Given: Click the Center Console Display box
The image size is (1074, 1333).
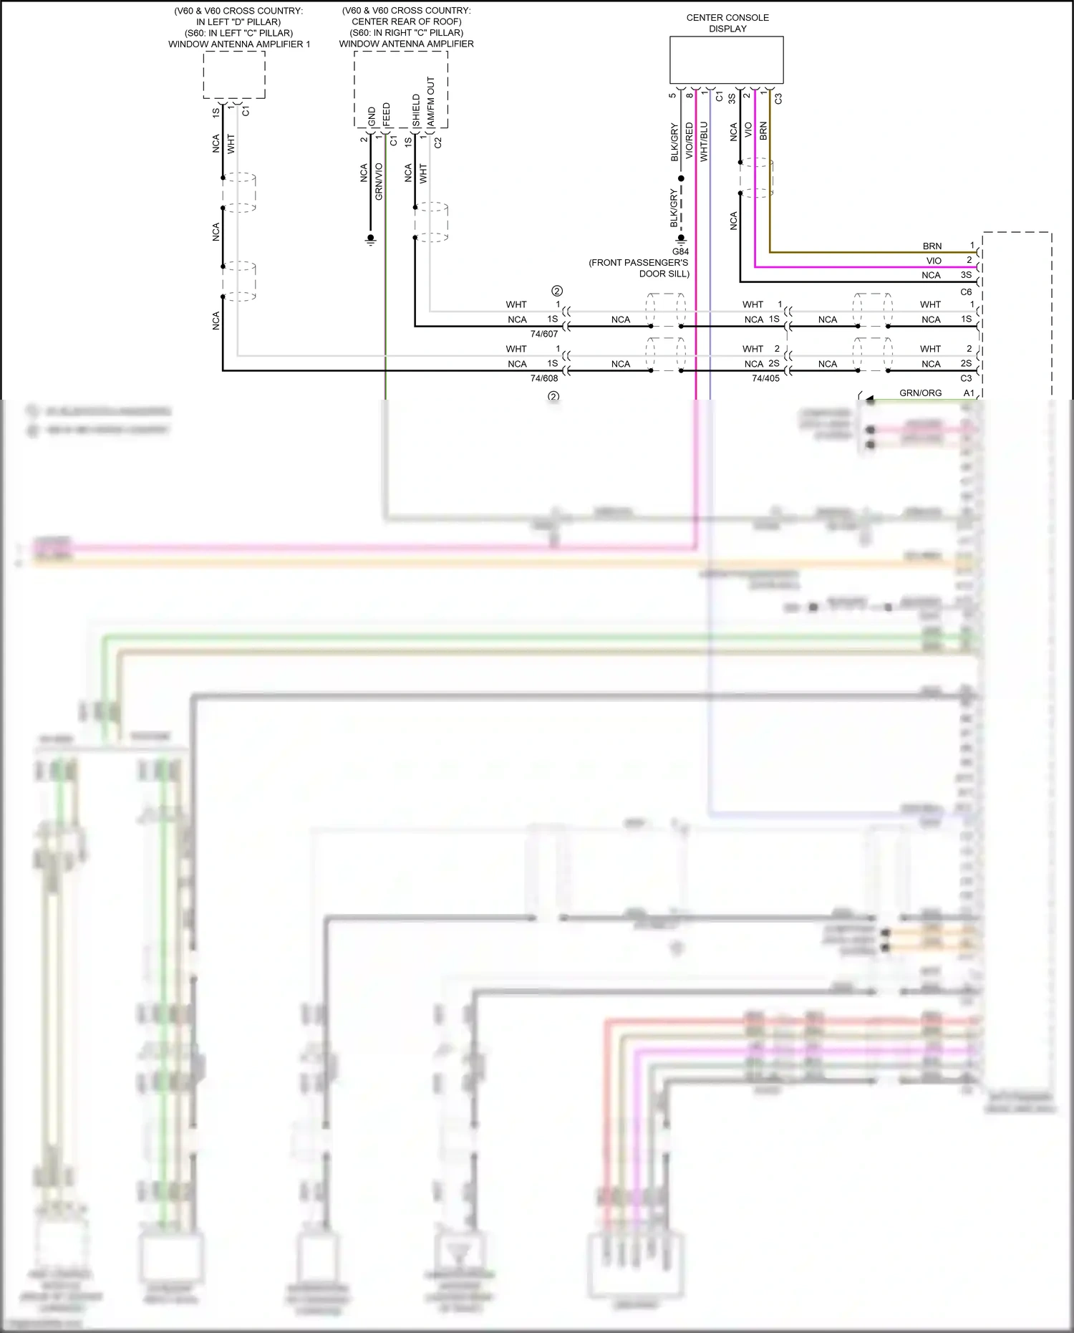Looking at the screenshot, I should coord(726,60).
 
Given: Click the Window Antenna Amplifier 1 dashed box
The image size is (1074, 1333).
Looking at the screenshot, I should coord(234,74).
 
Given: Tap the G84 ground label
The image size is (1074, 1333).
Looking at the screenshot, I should coord(680,251).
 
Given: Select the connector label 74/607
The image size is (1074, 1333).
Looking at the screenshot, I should coord(543,334).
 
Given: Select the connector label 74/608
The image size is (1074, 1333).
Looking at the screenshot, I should coord(543,378).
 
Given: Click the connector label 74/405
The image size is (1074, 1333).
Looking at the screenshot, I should coord(765,378).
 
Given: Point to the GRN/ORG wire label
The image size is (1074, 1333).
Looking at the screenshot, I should coord(920,393).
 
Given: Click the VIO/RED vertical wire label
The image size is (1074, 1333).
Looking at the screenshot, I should coord(690,140).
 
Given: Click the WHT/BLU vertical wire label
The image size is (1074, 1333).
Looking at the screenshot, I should coord(704,140).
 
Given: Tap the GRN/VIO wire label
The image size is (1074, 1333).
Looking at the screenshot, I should coord(379,181).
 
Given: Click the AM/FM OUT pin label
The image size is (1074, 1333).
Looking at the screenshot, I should coord(430,102).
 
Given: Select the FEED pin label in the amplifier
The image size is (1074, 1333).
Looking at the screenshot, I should coord(387,115).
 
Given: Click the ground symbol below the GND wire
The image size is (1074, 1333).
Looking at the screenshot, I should coord(370,241).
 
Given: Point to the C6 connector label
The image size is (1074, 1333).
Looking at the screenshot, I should coord(966,292).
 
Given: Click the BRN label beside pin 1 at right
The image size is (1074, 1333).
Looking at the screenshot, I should coord(932,246).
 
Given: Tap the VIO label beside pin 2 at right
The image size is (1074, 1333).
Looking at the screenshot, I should coord(934,261).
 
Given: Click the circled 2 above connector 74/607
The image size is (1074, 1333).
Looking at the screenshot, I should coord(557,291).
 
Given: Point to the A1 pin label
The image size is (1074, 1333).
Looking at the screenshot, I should coord(969,393).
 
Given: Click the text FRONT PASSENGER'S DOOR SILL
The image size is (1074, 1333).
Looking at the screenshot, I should coord(639,268).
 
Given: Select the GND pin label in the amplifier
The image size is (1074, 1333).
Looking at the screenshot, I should coord(372,117).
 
